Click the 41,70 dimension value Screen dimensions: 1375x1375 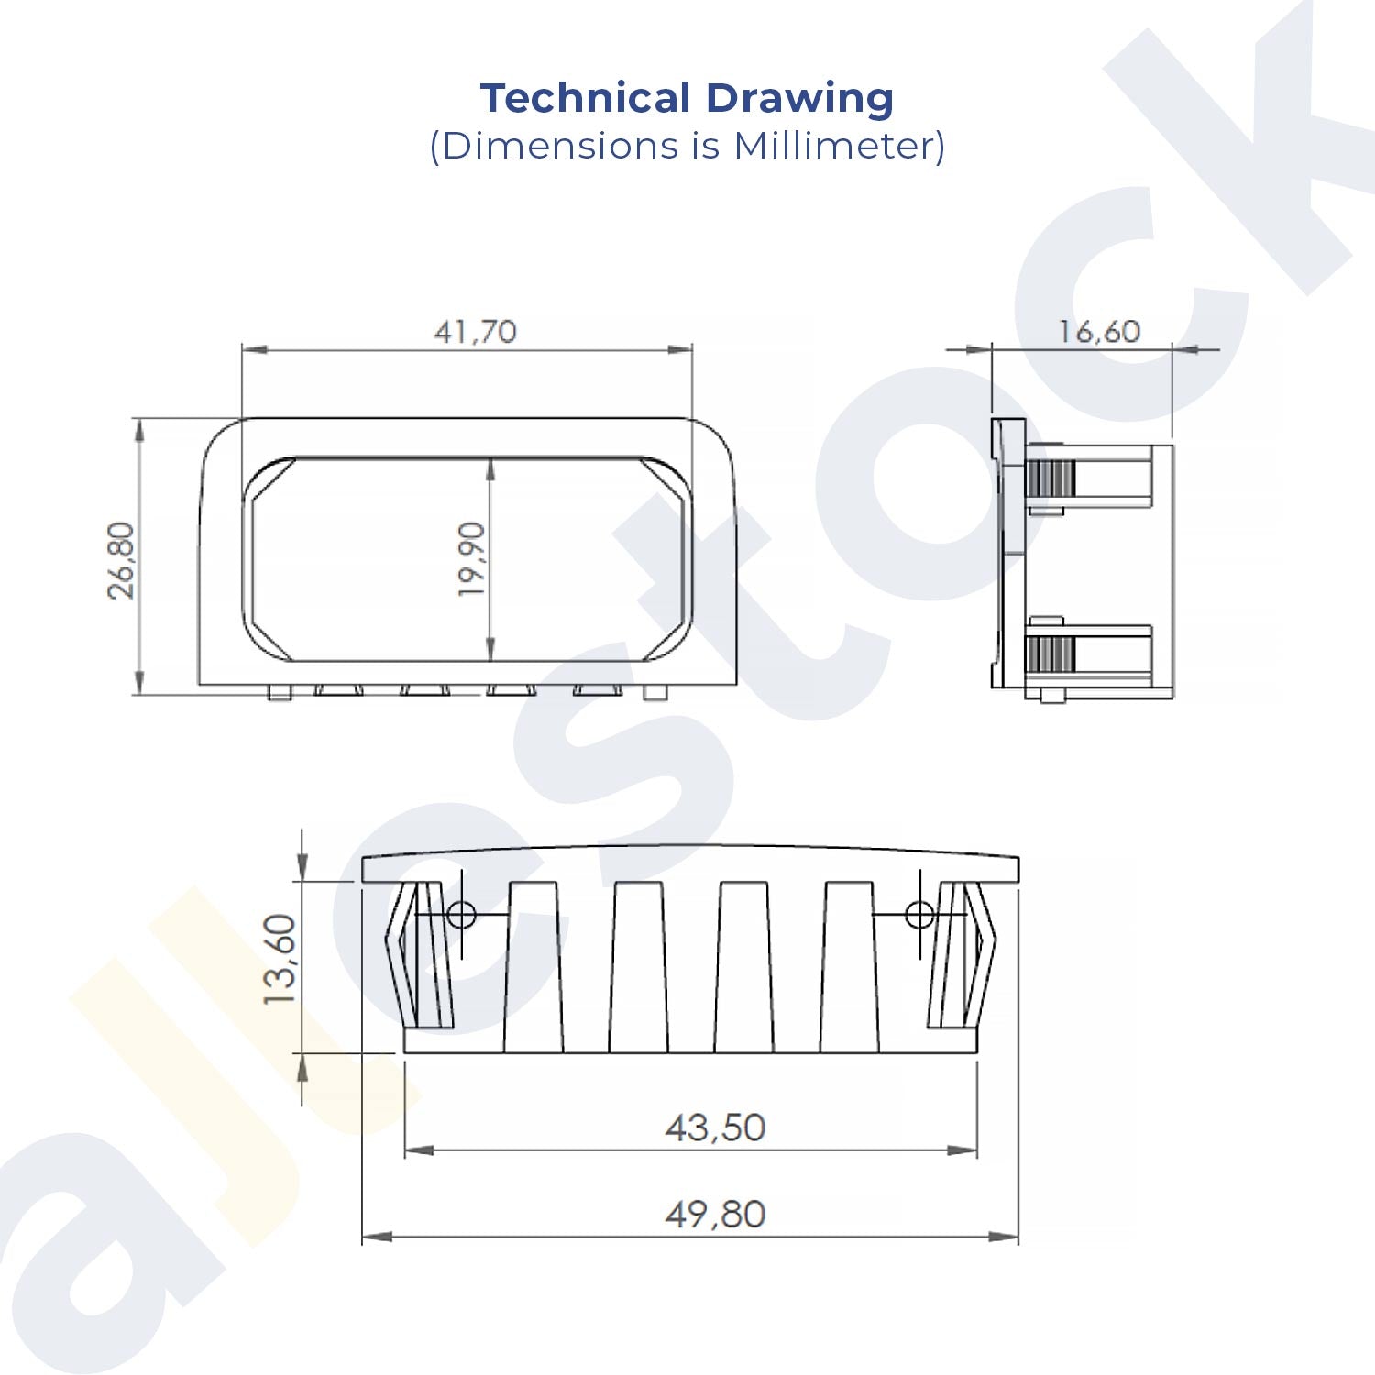tap(475, 331)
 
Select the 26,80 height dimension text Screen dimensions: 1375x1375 tap(122, 560)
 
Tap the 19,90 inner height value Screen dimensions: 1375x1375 tap(471, 559)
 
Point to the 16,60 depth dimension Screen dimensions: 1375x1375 tap(1099, 331)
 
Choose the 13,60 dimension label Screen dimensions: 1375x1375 tap(280, 960)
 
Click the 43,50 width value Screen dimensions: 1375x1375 tap(715, 1127)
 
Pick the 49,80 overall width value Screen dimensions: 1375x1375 tap(715, 1215)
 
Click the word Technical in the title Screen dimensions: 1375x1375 tap(586, 98)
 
